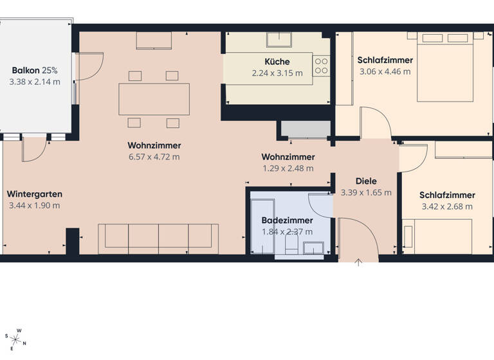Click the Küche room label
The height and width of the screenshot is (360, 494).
[277, 62]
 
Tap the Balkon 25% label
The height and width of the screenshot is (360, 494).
[35, 70]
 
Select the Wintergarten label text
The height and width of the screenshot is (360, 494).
[35, 194]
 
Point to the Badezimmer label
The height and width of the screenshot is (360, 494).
[287, 221]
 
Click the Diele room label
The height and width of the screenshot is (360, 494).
[366, 181]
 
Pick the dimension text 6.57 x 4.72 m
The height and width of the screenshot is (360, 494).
[154, 156]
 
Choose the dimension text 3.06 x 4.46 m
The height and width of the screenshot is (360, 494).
[385, 72]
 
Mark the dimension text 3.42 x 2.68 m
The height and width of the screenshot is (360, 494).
[447, 206]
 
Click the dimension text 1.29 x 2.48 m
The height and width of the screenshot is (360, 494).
[288, 168]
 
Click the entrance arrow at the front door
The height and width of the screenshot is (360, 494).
[358, 261]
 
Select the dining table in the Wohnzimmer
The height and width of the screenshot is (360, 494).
[154, 99]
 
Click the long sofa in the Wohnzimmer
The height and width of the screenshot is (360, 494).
[158, 236]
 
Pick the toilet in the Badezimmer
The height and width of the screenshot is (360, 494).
[291, 245]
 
